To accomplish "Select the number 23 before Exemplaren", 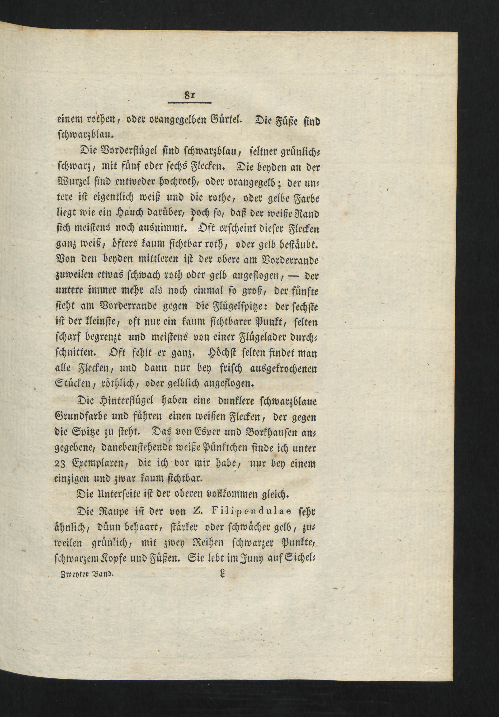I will point(59,464).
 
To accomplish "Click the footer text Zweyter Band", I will point(85,574).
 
